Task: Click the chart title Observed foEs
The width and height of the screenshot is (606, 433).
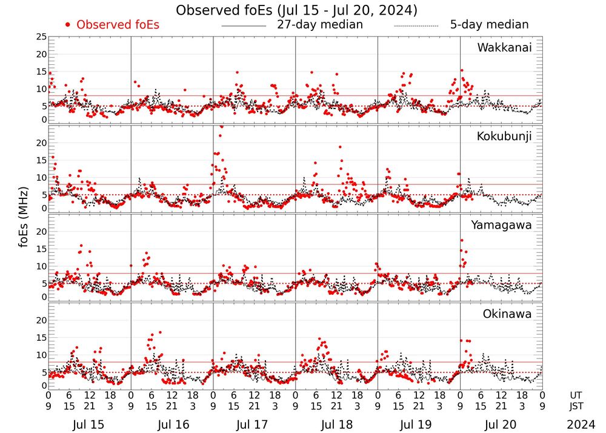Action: pyautogui.click(x=296, y=10)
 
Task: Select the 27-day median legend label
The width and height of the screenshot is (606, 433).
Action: pyautogui.click(x=320, y=25)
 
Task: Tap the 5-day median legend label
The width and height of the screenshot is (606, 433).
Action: pyautogui.click(x=489, y=25)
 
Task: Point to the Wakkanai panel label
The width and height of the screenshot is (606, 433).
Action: pyautogui.click(x=504, y=47)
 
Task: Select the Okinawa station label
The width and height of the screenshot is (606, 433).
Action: pyautogui.click(x=507, y=314)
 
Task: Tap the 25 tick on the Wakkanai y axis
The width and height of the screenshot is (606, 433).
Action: pyautogui.click(x=41, y=37)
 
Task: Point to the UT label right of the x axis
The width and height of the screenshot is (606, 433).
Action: pyautogui.click(x=576, y=394)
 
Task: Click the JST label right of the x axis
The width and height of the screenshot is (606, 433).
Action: pyautogui.click(x=576, y=405)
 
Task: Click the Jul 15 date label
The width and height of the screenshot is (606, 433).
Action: pyautogui.click(x=88, y=425)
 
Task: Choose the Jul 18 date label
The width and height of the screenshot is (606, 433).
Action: pyautogui.click(x=336, y=425)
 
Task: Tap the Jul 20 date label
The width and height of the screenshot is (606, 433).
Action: pyautogui.click(x=501, y=425)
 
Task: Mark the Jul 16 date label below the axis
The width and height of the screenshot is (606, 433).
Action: pyautogui.click(x=171, y=425)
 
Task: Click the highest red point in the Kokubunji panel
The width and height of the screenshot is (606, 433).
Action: pyautogui.click(x=222, y=127)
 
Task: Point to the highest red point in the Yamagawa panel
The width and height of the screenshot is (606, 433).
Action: pyautogui.click(x=462, y=241)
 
